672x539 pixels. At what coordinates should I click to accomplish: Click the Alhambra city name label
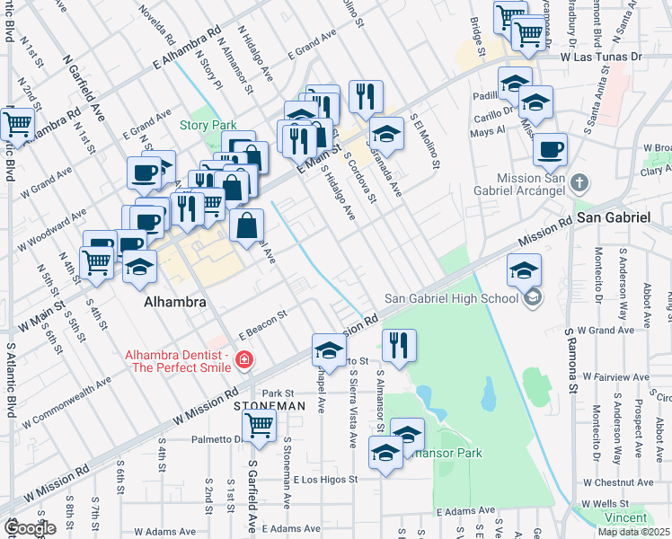click(x=174, y=303)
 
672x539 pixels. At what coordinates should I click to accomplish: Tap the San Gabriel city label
click(x=613, y=217)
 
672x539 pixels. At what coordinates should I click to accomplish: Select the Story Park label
click(x=205, y=125)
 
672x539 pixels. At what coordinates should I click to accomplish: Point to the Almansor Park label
click(x=447, y=453)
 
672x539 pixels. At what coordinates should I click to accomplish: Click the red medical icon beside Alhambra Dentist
click(x=243, y=361)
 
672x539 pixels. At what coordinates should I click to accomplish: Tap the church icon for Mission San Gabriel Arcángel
click(x=580, y=184)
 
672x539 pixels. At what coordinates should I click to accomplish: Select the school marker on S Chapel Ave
click(x=329, y=349)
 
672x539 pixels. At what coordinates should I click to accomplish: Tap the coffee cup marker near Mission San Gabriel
click(x=550, y=150)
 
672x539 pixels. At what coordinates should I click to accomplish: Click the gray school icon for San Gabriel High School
click(x=533, y=298)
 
